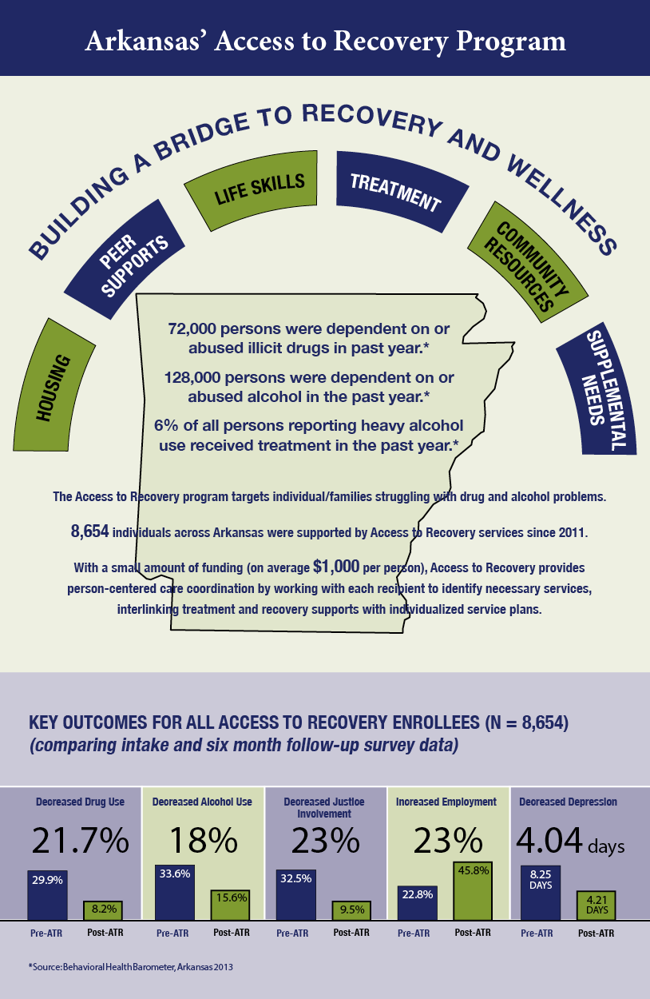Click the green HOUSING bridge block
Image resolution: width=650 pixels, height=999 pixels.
tap(54, 387)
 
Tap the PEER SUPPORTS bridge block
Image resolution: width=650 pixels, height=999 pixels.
tap(125, 259)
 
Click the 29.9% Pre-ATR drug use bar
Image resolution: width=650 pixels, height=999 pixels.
tap(47, 894)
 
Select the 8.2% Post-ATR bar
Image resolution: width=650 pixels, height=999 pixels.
tap(103, 909)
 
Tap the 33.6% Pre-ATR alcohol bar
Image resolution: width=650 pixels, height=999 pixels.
tap(175, 892)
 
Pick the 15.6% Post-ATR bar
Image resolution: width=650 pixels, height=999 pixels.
tap(230, 905)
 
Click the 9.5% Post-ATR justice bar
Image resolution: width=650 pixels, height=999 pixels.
tap(351, 909)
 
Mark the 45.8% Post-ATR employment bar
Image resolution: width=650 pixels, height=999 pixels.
tap(473, 890)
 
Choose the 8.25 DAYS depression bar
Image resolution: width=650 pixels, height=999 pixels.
tap(541, 893)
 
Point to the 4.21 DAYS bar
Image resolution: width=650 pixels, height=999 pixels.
tap(596, 905)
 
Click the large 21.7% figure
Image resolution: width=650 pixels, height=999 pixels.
tap(80, 840)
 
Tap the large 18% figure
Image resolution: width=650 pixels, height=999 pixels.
tap(203, 840)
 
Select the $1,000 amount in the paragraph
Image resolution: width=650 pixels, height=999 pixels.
tap(336, 566)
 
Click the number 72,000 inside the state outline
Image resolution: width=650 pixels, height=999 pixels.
tap(192, 328)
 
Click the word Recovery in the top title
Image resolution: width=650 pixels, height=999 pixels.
tap(390, 42)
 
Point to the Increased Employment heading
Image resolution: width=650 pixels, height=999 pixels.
tap(446, 802)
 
